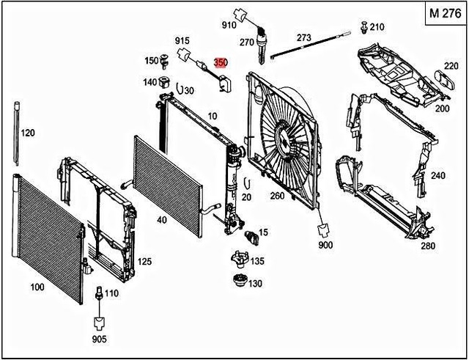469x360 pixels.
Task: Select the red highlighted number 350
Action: (x=220, y=64)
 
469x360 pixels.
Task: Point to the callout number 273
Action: (x=303, y=37)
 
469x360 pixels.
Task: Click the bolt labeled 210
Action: (x=363, y=28)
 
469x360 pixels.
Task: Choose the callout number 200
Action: (x=442, y=108)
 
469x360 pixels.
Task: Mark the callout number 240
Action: (x=437, y=175)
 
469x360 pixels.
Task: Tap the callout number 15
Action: (x=263, y=232)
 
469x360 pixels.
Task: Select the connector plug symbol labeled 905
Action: (x=98, y=322)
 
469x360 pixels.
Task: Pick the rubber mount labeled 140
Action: (x=164, y=82)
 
